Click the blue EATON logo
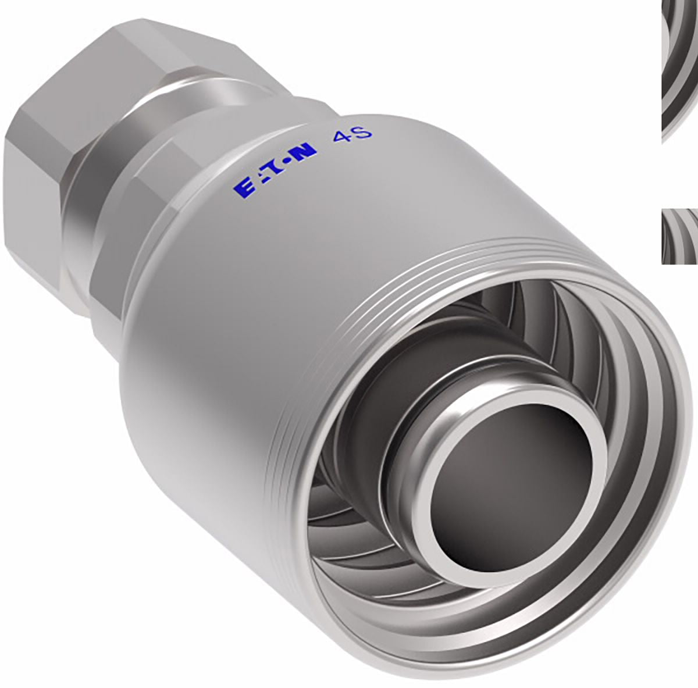point(275,170)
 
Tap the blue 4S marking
point(352,136)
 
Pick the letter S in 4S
point(364,133)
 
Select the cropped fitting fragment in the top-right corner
point(680,69)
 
